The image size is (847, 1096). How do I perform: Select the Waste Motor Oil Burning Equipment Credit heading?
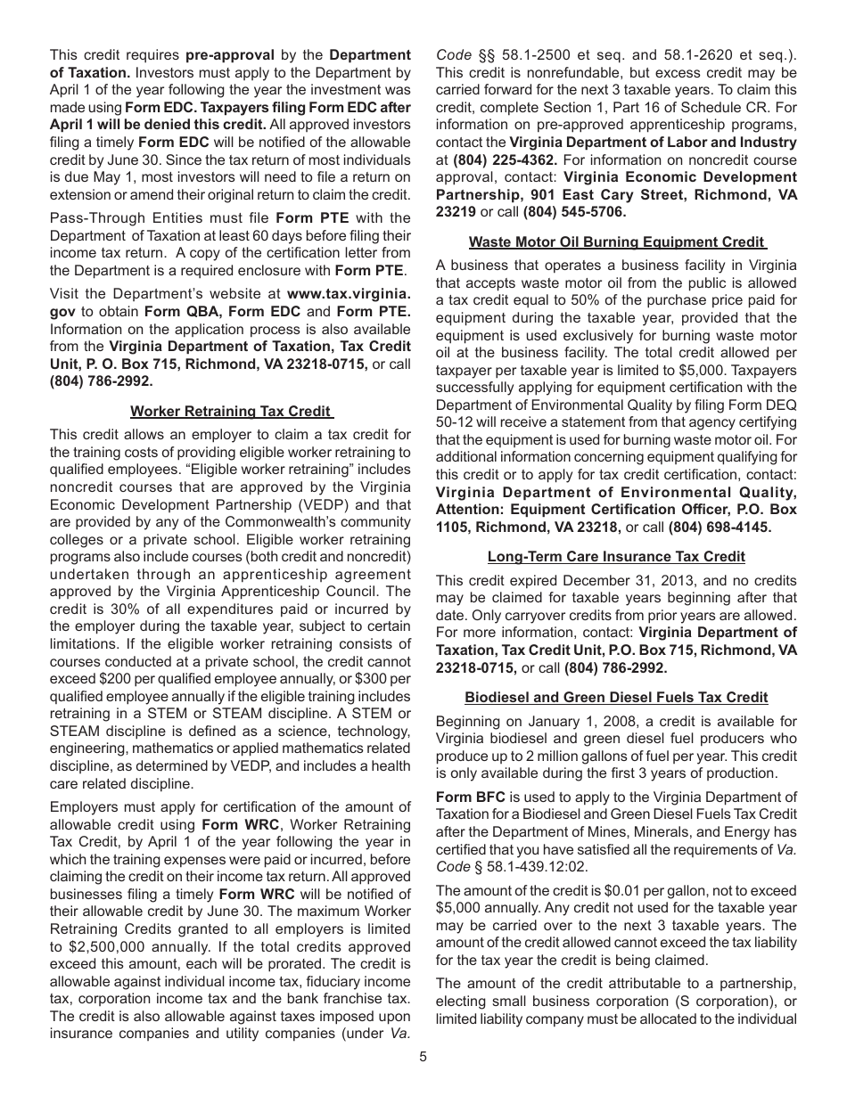[617, 241]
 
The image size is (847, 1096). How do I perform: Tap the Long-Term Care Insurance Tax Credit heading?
[616, 556]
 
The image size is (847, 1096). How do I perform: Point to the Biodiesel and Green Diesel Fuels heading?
[616, 698]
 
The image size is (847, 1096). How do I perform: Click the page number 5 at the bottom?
[423, 1057]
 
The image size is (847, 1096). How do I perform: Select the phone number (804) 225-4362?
[506, 160]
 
